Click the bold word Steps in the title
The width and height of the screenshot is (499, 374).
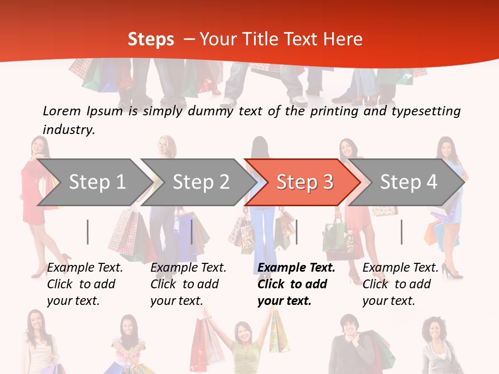151,39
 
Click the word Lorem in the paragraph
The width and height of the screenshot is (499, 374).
61,111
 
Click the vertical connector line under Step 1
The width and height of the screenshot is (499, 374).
88,232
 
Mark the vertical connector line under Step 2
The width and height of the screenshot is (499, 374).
192,232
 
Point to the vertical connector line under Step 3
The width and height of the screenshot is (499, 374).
296,232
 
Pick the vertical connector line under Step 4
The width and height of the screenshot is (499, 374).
401,232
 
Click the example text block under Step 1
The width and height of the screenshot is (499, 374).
85,284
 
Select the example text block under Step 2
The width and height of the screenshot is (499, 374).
188,284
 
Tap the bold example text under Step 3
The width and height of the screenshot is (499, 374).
296,284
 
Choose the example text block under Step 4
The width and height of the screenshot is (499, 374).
400,284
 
